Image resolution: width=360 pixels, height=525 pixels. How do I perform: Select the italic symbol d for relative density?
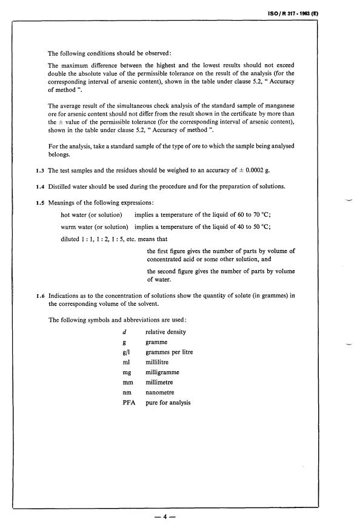pyautogui.click(x=124, y=332)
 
